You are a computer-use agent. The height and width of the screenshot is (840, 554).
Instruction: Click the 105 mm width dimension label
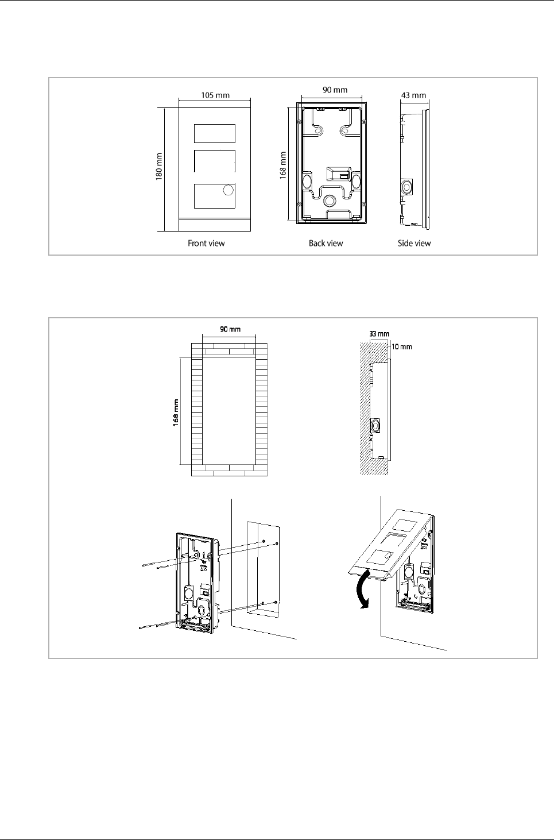215,95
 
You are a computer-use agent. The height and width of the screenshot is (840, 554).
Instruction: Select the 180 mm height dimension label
159,167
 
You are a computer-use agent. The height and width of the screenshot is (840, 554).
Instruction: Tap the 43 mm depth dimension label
413,95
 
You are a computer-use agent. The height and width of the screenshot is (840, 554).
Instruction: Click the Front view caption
206,243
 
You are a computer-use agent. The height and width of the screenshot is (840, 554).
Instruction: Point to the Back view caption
326,243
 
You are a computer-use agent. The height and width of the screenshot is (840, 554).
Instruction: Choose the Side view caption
414,243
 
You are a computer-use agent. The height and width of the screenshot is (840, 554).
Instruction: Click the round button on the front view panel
228,190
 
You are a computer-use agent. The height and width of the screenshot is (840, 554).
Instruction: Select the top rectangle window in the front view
215,133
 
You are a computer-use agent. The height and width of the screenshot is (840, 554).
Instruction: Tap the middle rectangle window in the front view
215,161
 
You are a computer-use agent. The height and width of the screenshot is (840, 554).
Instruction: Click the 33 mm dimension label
379,333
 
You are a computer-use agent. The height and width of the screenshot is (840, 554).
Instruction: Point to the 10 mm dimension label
401,346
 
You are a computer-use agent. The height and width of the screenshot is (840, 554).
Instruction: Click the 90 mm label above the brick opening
230,329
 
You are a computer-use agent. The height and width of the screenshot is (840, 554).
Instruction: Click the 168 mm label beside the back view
283,166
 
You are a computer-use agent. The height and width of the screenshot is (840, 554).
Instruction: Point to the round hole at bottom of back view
330,201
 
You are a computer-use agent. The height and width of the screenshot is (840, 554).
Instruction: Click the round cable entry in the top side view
406,187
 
